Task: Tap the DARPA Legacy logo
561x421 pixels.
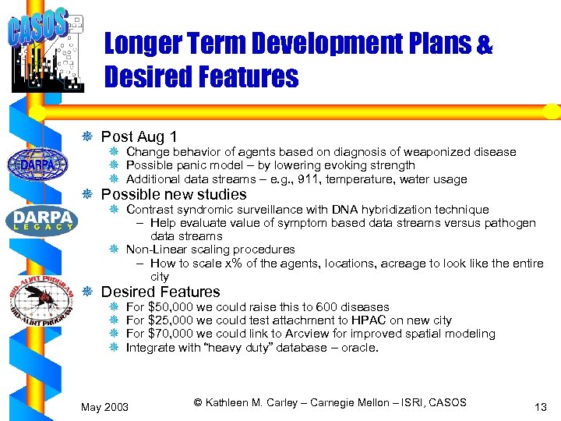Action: point(41,219)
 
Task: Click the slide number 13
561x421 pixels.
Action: point(541,406)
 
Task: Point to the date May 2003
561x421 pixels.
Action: point(106,406)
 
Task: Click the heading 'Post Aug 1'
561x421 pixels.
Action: point(139,136)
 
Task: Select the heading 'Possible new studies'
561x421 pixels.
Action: point(174,194)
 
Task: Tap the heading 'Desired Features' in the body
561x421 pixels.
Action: point(161,292)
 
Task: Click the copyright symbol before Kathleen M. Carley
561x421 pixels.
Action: point(198,402)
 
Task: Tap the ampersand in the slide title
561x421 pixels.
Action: point(484,44)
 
